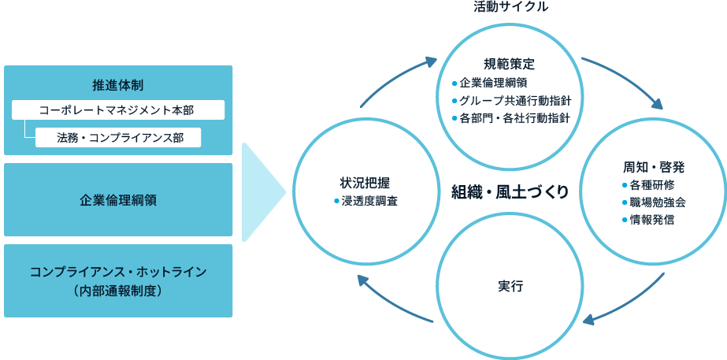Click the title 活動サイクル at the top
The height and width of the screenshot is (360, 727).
click(510, 7)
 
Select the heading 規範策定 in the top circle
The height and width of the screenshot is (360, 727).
click(509, 64)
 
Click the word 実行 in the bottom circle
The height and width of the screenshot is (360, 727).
click(510, 285)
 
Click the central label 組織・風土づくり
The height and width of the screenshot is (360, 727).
click(510, 192)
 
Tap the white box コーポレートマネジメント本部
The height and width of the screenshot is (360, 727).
click(118, 110)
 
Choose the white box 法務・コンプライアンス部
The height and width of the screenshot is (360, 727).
click(119, 137)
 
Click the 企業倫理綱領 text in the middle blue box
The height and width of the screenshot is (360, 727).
click(118, 200)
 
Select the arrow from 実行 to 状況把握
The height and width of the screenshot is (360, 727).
click(394, 299)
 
